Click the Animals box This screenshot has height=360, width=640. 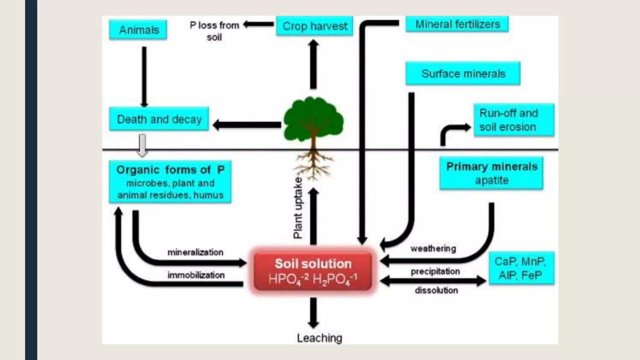pyautogui.click(x=138, y=30)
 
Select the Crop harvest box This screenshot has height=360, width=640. pyautogui.click(x=314, y=26)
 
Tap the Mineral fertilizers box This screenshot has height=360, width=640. pyautogui.click(x=457, y=24)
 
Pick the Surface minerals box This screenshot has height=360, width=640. pyautogui.click(x=463, y=73)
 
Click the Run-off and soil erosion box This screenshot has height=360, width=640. pyautogui.click(x=514, y=120)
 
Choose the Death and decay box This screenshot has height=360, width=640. pyautogui.click(x=159, y=119)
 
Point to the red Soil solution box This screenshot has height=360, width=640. pyautogui.click(x=313, y=271)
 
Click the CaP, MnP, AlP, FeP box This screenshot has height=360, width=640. pyautogui.click(x=521, y=268)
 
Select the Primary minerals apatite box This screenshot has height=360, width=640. pyautogui.click(x=491, y=173)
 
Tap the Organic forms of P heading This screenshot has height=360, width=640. pyautogui.click(x=170, y=170)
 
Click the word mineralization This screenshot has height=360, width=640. pyautogui.click(x=195, y=252)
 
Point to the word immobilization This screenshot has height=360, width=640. pyautogui.click(x=196, y=275)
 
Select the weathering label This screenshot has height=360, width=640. pyautogui.click(x=433, y=248)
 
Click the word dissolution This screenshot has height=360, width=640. pyautogui.click(x=436, y=290)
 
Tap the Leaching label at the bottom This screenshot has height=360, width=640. pyautogui.click(x=319, y=338)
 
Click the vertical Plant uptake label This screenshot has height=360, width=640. pyautogui.click(x=298, y=208)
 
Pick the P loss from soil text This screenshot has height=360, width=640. pyautogui.click(x=214, y=31)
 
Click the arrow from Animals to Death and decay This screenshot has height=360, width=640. pyautogui.click(x=144, y=77)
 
